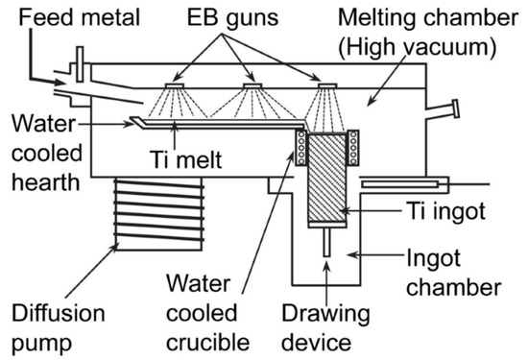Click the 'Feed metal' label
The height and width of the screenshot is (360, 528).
79,17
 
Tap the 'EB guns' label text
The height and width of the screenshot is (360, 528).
232,18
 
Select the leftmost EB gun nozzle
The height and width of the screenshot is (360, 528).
175,85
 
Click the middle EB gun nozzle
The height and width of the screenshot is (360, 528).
252,85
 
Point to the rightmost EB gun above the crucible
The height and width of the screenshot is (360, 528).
327,85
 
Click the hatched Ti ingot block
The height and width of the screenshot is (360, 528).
327,178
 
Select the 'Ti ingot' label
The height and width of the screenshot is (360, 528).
445,211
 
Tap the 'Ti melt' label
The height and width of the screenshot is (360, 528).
186,159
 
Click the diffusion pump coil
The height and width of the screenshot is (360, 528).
159,214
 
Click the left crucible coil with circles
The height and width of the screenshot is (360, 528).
301,148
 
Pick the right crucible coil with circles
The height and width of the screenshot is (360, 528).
353,148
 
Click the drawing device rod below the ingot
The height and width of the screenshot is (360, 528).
326,242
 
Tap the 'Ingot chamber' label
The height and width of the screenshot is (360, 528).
453,273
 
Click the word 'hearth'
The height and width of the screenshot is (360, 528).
46,182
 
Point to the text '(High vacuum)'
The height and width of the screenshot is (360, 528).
418,47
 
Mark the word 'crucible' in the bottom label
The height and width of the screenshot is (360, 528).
207,343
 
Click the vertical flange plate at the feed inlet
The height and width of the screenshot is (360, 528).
80,64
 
